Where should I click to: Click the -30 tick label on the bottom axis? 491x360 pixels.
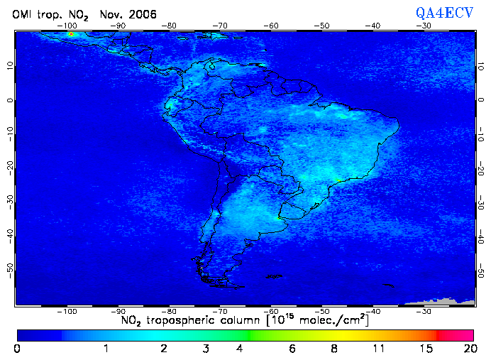pyautogui.click(x=424, y=311)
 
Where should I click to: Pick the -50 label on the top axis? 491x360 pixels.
pyautogui.click(x=322, y=26)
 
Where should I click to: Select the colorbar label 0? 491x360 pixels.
pyautogui.click(x=17, y=349)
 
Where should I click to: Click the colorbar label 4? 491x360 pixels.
pyautogui.click(x=241, y=349)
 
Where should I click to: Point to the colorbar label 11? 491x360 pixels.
pyautogui.click(x=380, y=349)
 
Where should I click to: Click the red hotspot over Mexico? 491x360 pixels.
pyautogui.click(x=71, y=34)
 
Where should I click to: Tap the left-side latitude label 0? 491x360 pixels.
pyautogui.click(x=9, y=99)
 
